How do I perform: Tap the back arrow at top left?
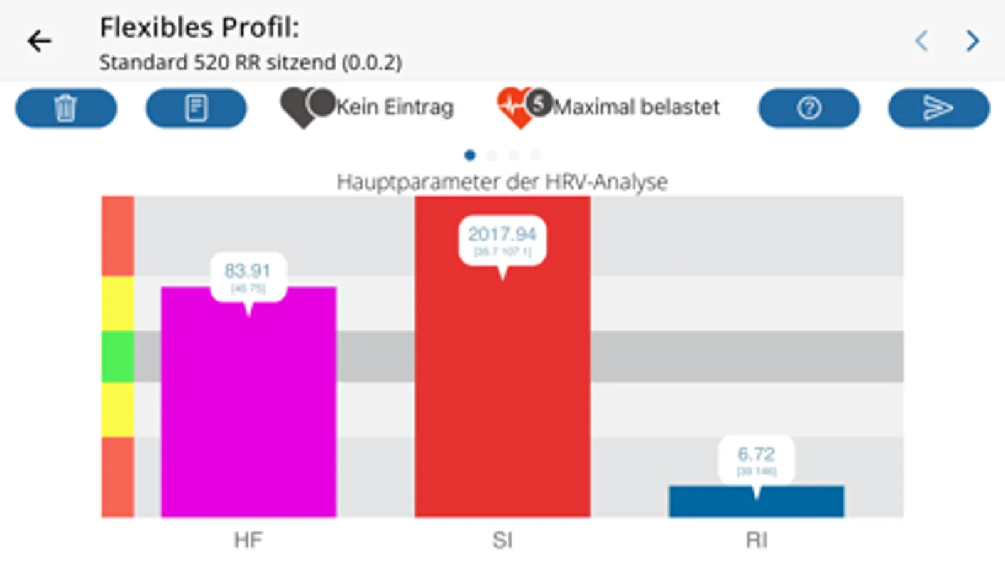[x=39, y=42]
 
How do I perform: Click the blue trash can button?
[x=66, y=108]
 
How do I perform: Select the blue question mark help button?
[x=809, y=108]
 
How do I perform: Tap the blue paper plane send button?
[x=938, y=108]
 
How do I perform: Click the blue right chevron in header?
[x=972, y=41]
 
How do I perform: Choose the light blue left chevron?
[x=921, y=41]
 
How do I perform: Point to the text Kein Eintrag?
[x=395, y=108]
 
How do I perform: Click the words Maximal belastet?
[x=636, y=108]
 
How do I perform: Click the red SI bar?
[x=502, y=390]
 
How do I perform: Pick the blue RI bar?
[x=756, y=503]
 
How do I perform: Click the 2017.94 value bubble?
[x=502, y=240]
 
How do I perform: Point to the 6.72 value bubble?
[x=756, y=459]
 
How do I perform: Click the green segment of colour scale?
[x=118, y=357]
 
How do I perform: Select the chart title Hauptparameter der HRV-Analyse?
[x=502, y=182]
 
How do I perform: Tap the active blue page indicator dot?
[x=470, y=155]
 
